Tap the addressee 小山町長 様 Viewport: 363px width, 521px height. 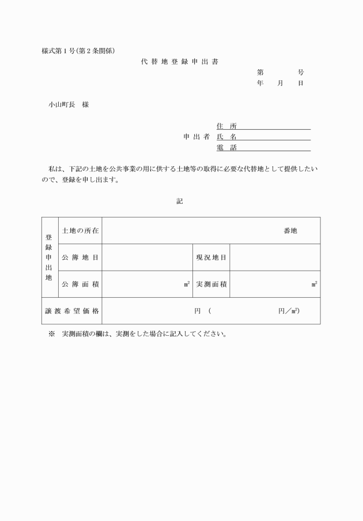click(x=69, y=105)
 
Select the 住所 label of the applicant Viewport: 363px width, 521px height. click(x=226, y=126)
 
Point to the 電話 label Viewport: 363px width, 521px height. click(x=226, y=148)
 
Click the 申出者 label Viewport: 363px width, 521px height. click(x=196, y=137)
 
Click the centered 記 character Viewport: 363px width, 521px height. click(x=180, y=201)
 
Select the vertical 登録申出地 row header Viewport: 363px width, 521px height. click(x=49, y=257)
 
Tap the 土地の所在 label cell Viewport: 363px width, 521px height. click(x=80, y=231)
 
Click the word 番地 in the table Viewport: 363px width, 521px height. click(x=290, y=231)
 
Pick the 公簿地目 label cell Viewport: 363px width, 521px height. click(x=80, y=257)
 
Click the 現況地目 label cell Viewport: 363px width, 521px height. click(x=211, y=257)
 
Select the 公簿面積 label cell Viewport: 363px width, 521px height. click(x=80, y=284)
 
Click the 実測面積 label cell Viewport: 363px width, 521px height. click(x=211, y=284)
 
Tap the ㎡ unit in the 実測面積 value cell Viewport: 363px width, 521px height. click(x=314, y=284)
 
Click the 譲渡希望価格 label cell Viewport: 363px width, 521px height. click(x=72, y=311)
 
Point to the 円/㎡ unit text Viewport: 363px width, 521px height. click(x=288, y=311)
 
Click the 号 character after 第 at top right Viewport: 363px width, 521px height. click(x=301, y=73)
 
